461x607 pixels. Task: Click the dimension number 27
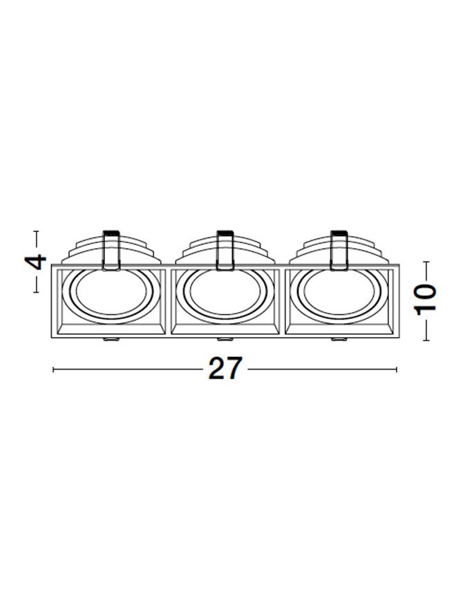pyautogui.click(x=225, y=368)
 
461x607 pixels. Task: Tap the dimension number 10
pyautogui.click(x=426, y=300)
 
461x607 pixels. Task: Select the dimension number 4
pyautogui.click(x=36, y=262)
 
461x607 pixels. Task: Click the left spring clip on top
pyautogui.click(x=111, y=250)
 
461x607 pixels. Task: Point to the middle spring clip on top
pyautogui.click(x=225, y=250)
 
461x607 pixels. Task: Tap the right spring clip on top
pyautogui.click(x=339, y=250)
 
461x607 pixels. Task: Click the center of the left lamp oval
pyautogui.click(x=111, y=292)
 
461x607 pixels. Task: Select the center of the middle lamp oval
pyautogui.click(x=225, y=292)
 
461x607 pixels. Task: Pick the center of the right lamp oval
pyautogui.click(x=339, y=292)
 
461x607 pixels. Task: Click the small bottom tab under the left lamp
pyautogui.click(x=111, y=340)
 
